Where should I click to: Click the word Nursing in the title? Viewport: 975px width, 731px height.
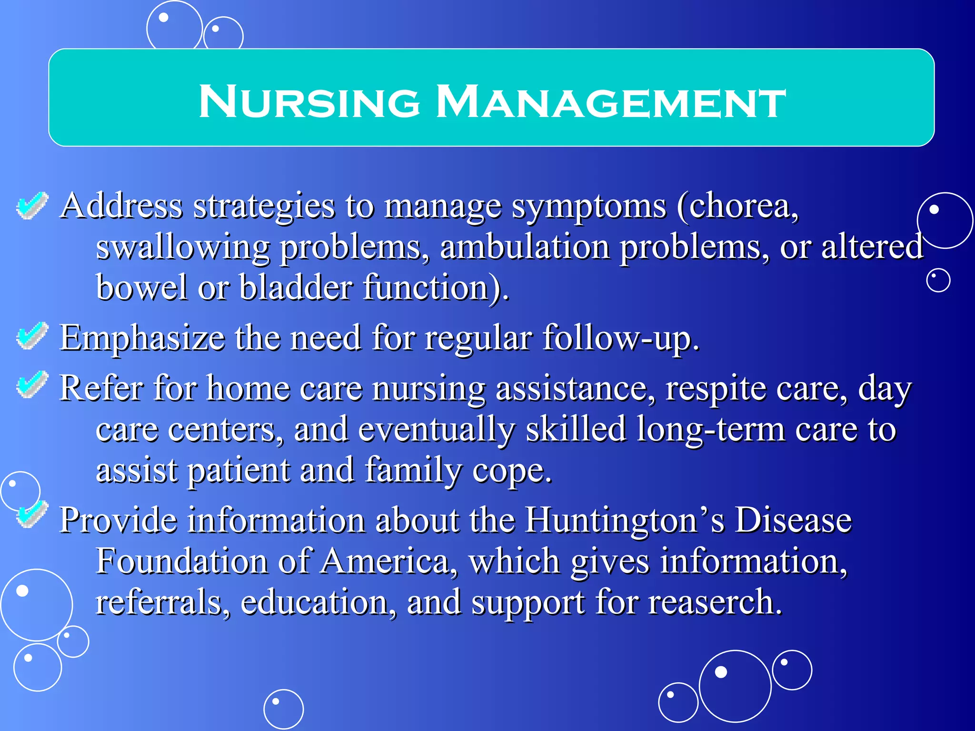[309, 101]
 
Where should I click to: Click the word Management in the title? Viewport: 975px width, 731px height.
[611, 101]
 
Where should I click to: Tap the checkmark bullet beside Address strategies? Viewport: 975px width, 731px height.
[32, 206]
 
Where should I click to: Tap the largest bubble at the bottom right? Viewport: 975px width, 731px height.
[735, 686]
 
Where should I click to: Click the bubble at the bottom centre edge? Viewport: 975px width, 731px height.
[283, 709]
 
